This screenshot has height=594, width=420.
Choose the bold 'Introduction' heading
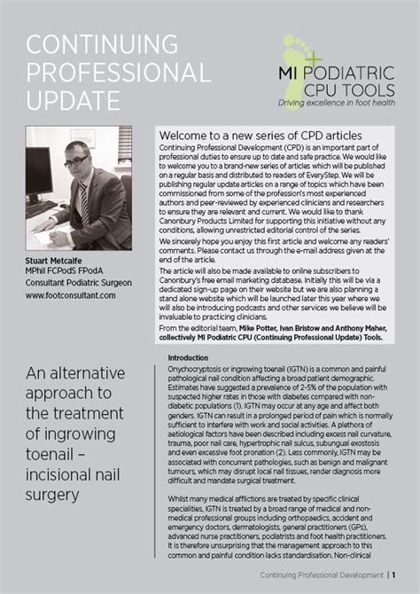tap(188, 357)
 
